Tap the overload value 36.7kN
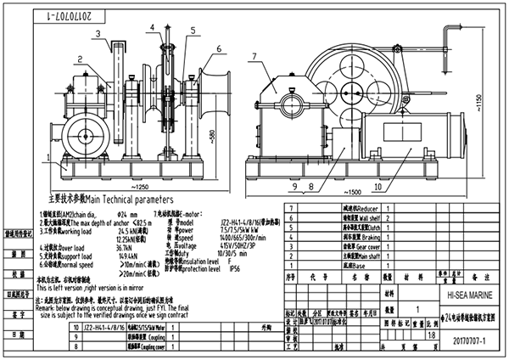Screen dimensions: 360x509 103,248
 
